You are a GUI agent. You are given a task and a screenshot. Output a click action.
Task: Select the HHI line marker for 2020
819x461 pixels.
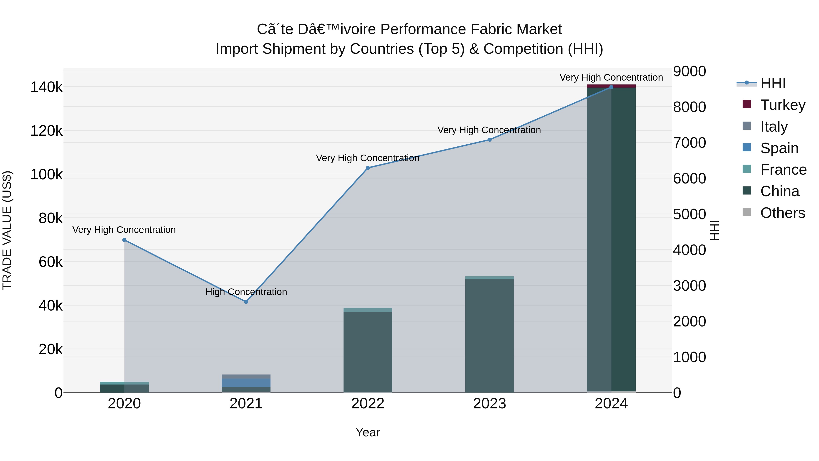pos(124,240)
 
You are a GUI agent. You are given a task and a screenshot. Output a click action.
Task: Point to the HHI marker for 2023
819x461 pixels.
pos(490,140)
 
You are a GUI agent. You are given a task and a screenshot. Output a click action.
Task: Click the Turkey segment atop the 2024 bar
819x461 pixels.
pos(611,86)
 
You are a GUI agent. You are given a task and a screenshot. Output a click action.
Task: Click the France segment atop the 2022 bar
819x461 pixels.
pos(368,310)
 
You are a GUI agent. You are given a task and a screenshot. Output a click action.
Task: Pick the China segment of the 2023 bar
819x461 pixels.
pos(490,334)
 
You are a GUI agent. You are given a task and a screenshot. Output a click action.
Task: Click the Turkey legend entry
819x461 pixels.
pos(782,105)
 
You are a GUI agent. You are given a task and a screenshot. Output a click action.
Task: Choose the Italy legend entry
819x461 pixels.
pos(774,127)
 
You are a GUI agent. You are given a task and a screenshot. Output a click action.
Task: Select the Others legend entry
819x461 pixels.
pos(782,213)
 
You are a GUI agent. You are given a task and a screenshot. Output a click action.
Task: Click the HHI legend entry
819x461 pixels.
pos(773,83)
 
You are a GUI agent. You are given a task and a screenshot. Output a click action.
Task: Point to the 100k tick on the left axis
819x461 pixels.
pos(46,175)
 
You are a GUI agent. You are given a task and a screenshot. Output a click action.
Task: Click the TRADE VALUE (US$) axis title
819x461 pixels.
pos(7,230)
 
